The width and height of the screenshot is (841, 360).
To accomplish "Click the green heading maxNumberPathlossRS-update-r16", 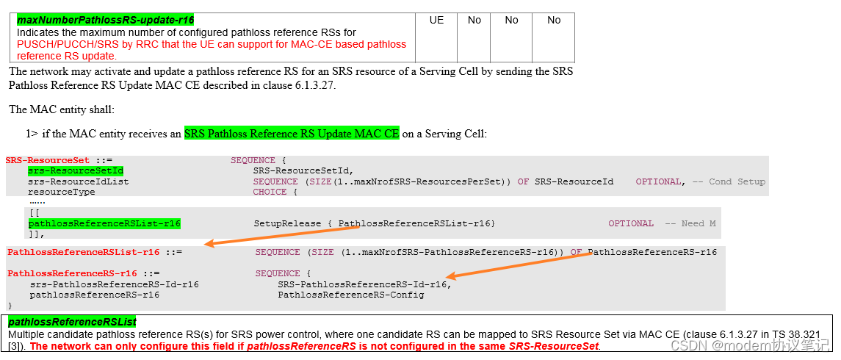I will point(105,20).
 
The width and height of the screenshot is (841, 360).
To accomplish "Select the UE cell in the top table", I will point(436,21).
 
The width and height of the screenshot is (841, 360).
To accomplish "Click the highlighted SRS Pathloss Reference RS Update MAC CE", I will point(292,134).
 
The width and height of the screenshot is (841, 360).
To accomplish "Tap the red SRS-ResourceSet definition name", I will point(48,160).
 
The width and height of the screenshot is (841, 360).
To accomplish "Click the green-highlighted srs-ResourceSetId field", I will point(76,170).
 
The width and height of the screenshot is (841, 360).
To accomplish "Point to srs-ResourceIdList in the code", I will point(79,181).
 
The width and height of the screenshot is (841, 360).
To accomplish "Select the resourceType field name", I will point(62,192).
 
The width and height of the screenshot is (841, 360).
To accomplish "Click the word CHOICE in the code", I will point(270,192).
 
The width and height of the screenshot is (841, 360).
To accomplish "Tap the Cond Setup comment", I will point(737,181).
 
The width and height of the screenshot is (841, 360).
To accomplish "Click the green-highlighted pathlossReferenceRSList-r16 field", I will point(104,223).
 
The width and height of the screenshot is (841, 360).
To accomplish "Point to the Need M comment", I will point(690,223).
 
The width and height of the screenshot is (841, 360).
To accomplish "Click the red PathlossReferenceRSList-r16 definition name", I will point(83,252).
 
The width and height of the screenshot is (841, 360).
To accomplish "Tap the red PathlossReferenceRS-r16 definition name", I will point(72,273).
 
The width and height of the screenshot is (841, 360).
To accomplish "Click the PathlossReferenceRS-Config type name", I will point(350,295).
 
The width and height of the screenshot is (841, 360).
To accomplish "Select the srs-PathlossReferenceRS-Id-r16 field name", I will point(114,284).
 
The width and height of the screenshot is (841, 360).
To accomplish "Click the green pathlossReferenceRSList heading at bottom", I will point(72,322).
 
